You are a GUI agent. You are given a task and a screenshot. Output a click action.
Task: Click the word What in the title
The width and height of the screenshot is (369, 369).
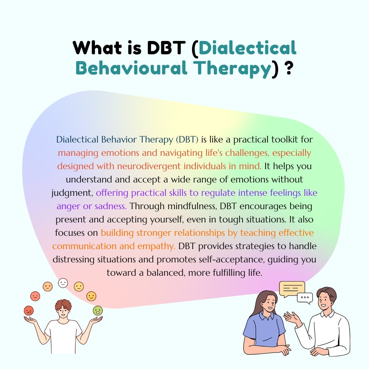click(96, 48)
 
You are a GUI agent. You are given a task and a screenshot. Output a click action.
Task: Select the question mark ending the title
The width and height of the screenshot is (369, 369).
click(289, 68)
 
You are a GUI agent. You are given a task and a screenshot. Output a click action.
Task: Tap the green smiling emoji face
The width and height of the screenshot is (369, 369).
click(98, 310)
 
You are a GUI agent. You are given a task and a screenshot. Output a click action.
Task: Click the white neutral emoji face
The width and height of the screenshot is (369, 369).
click(63, 283)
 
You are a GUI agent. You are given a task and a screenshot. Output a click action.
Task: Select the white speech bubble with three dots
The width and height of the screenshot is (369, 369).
click(305, 298)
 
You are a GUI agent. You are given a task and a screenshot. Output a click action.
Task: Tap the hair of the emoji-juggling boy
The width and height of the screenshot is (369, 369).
click(63, 304)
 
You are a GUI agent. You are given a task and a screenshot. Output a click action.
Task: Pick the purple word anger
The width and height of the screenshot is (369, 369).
click(67, 206)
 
